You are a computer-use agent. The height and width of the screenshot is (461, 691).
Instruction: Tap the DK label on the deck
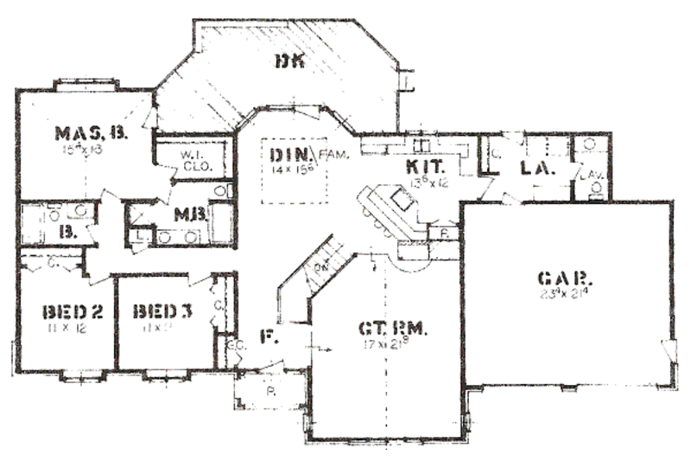point(287,61)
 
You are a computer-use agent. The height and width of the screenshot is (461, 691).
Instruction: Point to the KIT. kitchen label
point(423,164)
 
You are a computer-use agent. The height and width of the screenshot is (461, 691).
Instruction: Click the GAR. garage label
point(565,279)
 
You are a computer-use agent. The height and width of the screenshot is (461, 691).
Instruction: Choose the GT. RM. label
point(393,330)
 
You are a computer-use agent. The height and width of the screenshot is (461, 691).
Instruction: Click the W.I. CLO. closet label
point(192,161)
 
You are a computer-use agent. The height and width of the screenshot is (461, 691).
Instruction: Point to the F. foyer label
point(268,337)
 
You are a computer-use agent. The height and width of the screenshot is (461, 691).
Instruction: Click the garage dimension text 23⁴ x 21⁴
point(566,294)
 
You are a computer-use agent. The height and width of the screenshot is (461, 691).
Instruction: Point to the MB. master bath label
point(187,214)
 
